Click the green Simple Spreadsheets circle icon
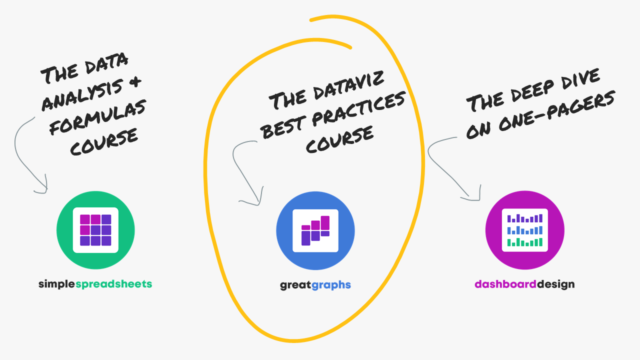95,230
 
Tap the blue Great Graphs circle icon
315,231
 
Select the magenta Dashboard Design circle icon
525,230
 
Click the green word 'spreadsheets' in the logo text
113,284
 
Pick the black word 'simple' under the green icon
57,284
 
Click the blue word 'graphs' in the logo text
331,285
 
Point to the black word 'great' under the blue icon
295,285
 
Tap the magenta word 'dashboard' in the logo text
505,284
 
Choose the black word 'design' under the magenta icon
555,284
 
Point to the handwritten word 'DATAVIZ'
349,85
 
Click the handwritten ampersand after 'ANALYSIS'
135,81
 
